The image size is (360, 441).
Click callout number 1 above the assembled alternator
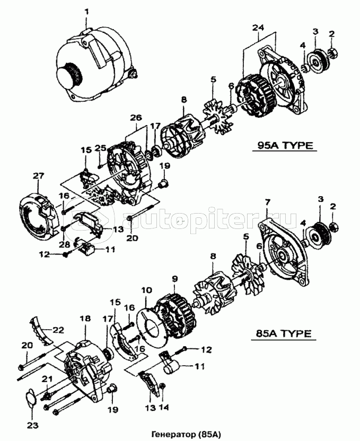87,11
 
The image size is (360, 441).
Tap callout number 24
258,27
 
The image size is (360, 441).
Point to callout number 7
268,201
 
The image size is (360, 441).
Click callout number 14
164,408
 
